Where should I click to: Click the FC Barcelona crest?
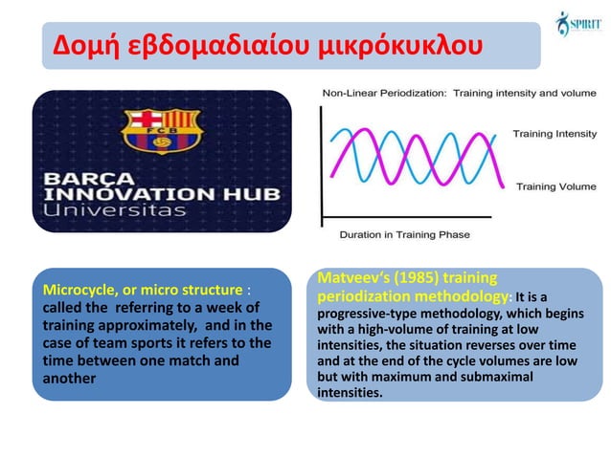[x=161, y=131]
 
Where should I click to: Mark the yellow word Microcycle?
[x=71, y=290]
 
